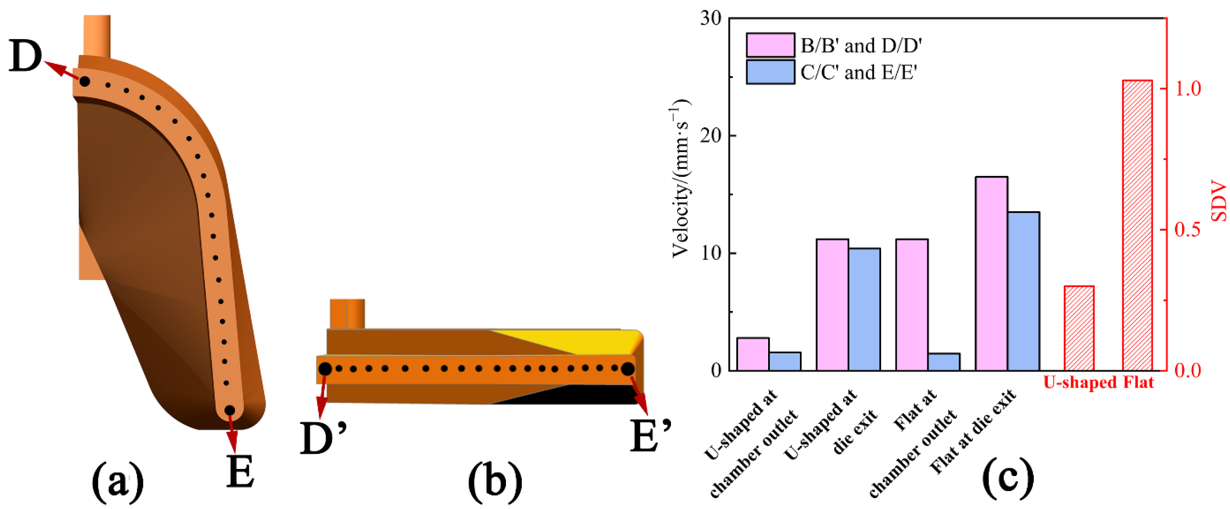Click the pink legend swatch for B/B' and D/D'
pyautogui.click(x=770, y=45)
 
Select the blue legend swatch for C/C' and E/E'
pyautogui.click(x=770, y=72)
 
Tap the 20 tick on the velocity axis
pyautogui.click(x=711, y=135)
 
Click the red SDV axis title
pyautogui.click(x=1219, y=200)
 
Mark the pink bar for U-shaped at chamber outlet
pyautogui.click(x=753, y=354)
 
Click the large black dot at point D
pyautogui.click(x=84, y=81)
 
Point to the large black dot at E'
pyautogui.click(x=627, y=369)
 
